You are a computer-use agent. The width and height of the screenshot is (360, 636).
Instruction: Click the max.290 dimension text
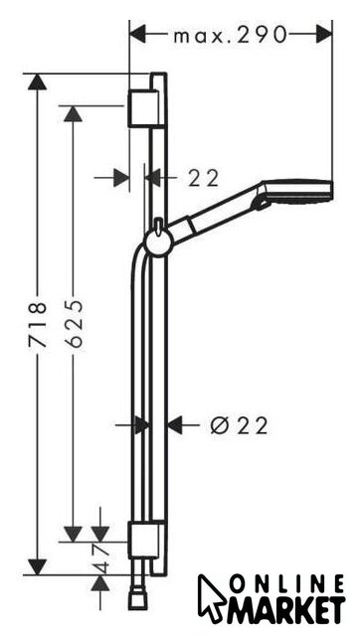tap(230, 36)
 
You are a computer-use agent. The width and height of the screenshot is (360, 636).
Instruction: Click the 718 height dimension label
tap(38, 324)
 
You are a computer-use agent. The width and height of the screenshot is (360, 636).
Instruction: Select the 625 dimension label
tap(74, 324)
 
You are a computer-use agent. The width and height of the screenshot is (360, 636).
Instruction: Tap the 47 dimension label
tap(100, 558)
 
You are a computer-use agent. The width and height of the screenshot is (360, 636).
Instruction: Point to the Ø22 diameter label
tap(240, 426)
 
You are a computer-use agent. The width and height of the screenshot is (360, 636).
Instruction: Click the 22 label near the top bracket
tap(203, 178)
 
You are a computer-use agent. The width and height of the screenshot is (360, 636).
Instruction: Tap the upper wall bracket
tap(143, 108)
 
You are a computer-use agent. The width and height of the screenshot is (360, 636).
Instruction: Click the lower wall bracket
tap(143, 541)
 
